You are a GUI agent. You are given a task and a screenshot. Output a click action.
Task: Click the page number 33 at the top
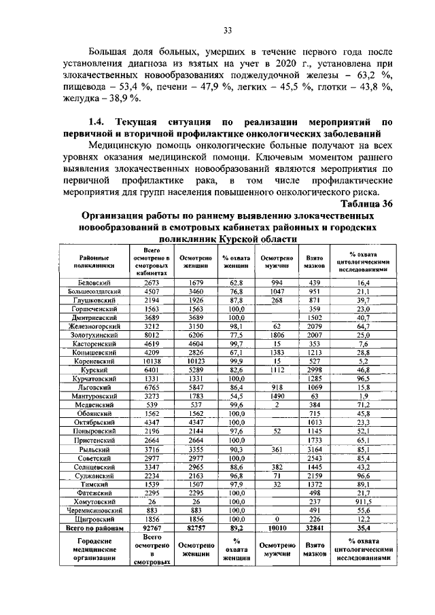(228, 29)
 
